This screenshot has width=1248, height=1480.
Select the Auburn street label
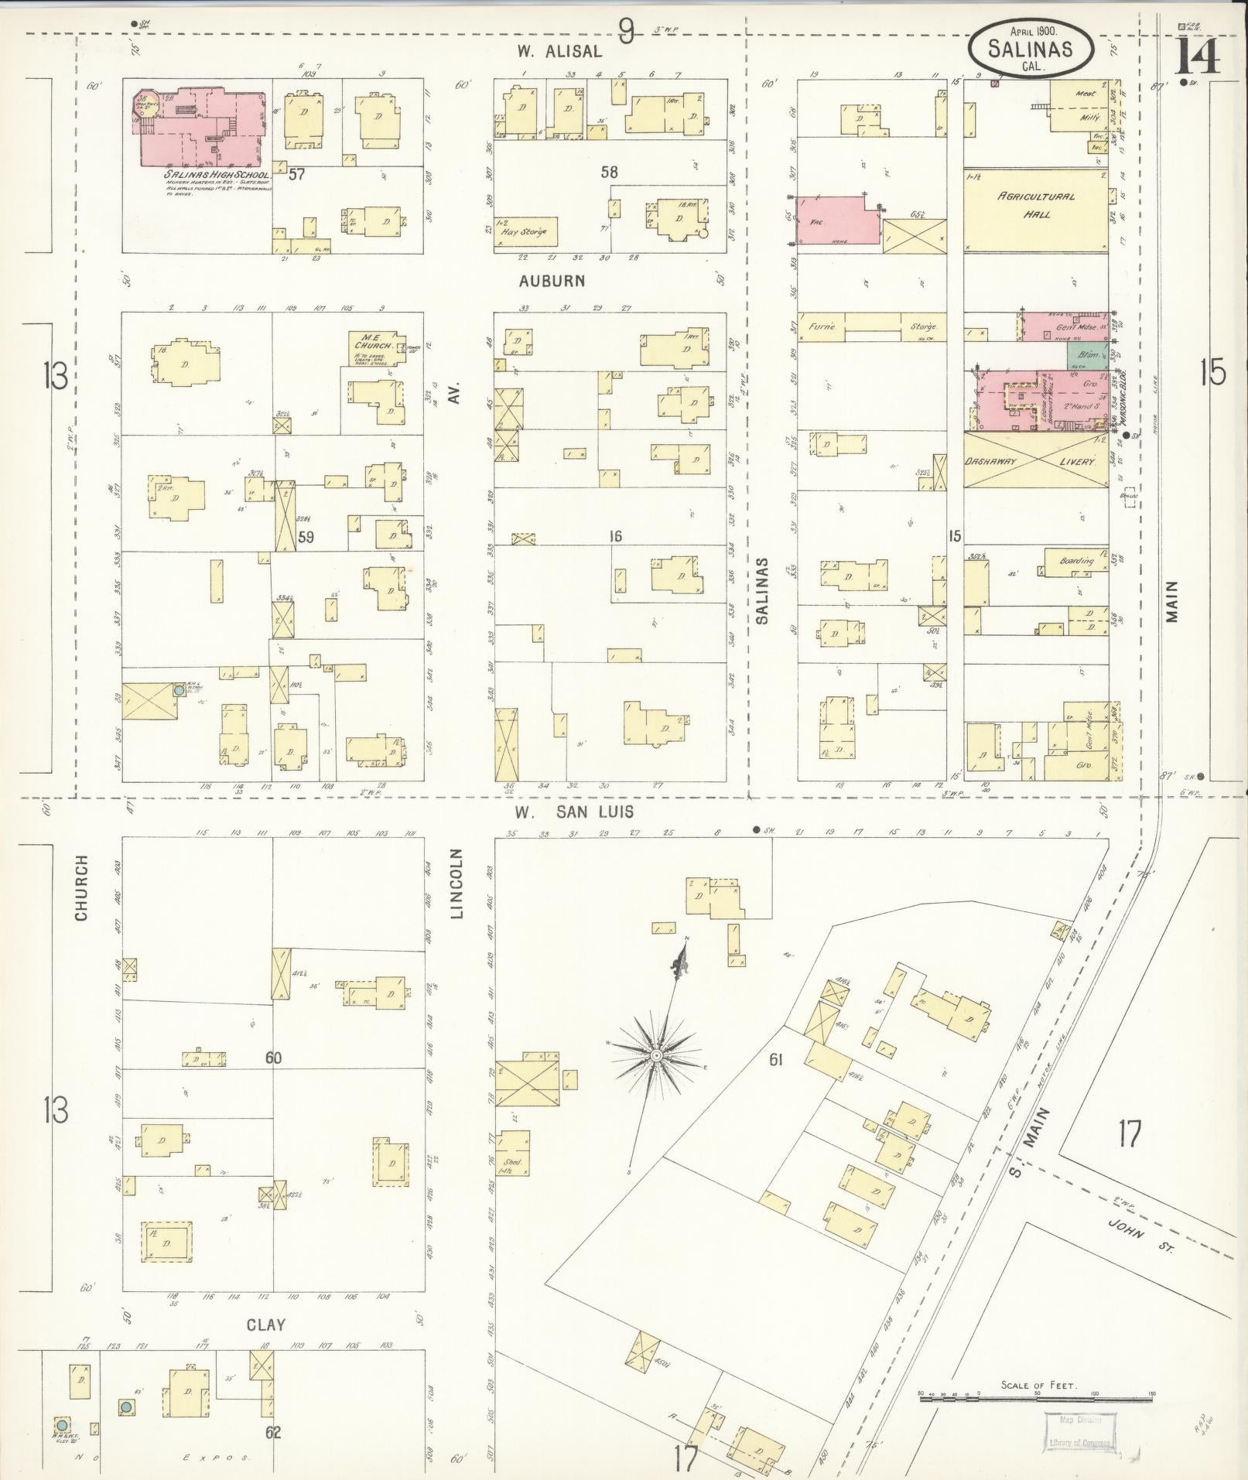coord(552,281)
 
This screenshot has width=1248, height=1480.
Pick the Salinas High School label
coord(216,176)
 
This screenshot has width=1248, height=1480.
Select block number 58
coord(610,172)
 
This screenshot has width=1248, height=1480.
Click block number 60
coord(273,1058)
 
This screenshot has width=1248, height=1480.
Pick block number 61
coord(776,1059)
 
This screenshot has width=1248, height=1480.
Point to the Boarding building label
coord(1077,560)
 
